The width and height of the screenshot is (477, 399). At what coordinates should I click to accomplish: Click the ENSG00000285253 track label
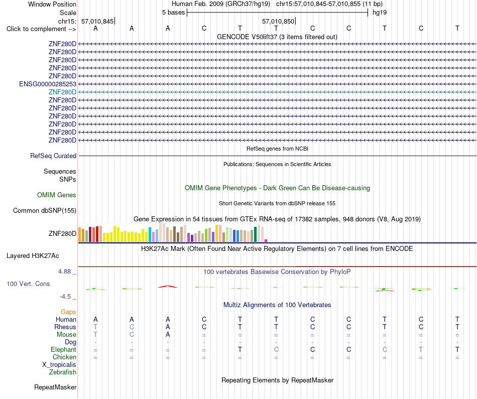click(x=48, y=84)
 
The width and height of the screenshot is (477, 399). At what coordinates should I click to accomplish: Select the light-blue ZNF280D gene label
click(x=62, y=92)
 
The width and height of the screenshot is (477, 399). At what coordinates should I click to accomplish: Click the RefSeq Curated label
click(x=53, y=156)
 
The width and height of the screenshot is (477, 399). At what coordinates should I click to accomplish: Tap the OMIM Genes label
click(x=57, y=195)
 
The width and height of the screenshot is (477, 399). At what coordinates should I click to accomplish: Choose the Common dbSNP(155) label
click(x=45, y=210)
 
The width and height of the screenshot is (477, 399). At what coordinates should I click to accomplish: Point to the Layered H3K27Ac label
click(x=33, y=256)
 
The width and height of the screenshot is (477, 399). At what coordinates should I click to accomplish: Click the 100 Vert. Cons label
click(x=28, y=284)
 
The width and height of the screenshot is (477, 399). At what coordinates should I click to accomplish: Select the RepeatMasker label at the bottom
click(x=55, y=387)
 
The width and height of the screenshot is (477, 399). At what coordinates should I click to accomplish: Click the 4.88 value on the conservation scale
click(x=64, y=272)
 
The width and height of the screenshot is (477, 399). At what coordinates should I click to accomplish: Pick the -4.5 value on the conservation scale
click(x=66, y=296)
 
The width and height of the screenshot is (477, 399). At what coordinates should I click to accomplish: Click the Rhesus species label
click(x=65, y=327)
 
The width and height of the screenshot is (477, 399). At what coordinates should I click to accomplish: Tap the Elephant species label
click(x=64, y=349)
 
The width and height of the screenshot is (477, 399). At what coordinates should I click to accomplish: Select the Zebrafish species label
click(x=63, y=372)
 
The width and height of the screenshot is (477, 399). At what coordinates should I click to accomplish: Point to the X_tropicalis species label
click(x=59, y=365)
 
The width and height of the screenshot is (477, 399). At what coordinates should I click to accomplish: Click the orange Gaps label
click(x=68, y=312)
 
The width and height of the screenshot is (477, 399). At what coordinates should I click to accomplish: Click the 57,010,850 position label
click(x=278, y=21)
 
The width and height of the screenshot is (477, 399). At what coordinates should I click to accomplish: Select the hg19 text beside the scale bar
click(x=380, y=13)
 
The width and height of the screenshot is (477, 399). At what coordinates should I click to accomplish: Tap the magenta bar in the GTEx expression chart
click(x=266, y=240)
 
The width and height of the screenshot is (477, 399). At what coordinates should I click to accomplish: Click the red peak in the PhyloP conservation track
click(x=168, y=287)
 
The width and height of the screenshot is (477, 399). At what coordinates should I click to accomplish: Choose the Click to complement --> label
click(x=41, y=29)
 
